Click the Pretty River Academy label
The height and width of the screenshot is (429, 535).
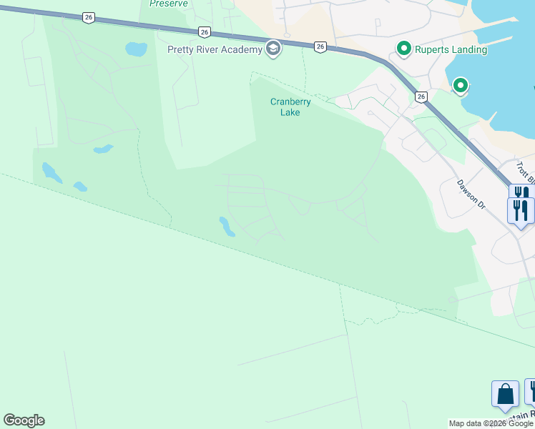214,49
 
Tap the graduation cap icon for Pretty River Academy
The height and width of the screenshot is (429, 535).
272,49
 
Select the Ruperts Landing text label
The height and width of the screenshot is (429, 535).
452,49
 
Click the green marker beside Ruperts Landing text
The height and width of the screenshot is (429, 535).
403,49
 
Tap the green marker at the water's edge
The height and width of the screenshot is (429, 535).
461,87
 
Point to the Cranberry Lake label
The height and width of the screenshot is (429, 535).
290,107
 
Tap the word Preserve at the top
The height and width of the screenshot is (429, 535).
169,4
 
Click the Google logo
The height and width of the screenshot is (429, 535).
24,420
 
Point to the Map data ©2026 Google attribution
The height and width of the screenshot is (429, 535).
491,423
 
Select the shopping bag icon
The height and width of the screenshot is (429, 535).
505,395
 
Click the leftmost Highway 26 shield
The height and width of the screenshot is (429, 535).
88,17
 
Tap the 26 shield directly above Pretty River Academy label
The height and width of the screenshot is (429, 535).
205,32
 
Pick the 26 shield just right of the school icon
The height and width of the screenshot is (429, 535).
320,46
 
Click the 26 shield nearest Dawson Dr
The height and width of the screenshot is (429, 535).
421,97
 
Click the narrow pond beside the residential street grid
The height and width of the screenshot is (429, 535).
227,227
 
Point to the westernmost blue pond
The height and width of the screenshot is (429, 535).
51,172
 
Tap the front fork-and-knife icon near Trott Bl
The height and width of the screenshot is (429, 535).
520,209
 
